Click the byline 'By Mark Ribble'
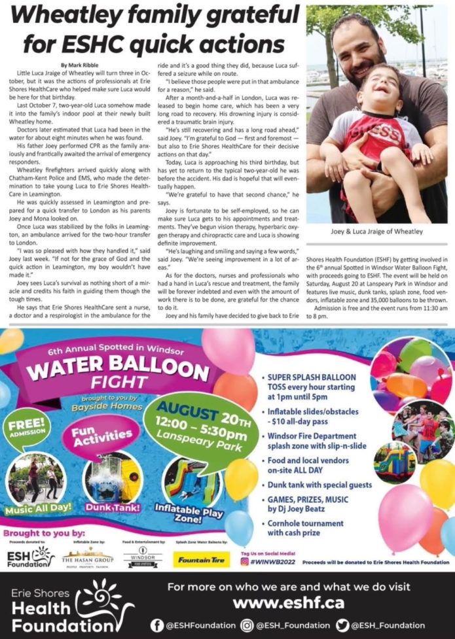81,65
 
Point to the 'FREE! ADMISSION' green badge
26,428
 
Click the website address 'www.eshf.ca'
289,602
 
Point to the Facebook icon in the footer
156,625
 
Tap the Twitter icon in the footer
342,625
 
